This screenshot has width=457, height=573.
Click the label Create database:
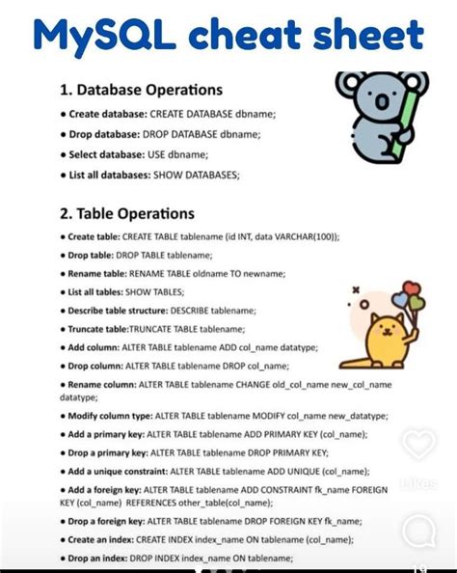point(106,114)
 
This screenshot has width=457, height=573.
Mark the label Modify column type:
point(113,416)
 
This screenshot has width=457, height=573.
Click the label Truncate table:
point(98,329)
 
